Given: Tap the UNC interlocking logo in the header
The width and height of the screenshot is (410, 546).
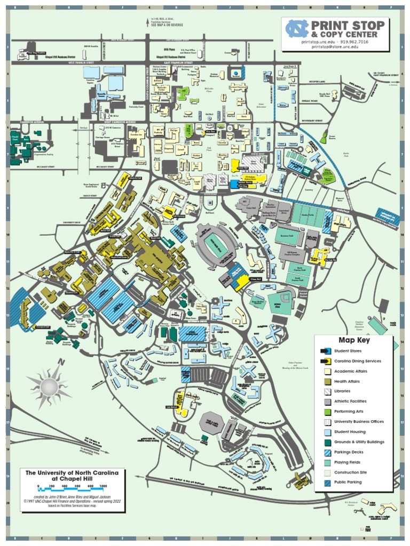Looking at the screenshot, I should [297, 28].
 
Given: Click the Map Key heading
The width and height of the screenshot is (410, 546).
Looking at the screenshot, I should [354, 340].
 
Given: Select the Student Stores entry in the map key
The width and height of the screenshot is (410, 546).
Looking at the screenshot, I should [347, 351].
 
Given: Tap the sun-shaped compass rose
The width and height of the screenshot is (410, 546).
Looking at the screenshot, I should [49, 384].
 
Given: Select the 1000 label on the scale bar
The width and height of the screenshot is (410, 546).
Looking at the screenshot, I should [103, 486].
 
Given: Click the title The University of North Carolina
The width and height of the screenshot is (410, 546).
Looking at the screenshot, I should [72, 472].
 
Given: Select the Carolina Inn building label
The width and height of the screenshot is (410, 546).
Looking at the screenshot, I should [137, 136].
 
